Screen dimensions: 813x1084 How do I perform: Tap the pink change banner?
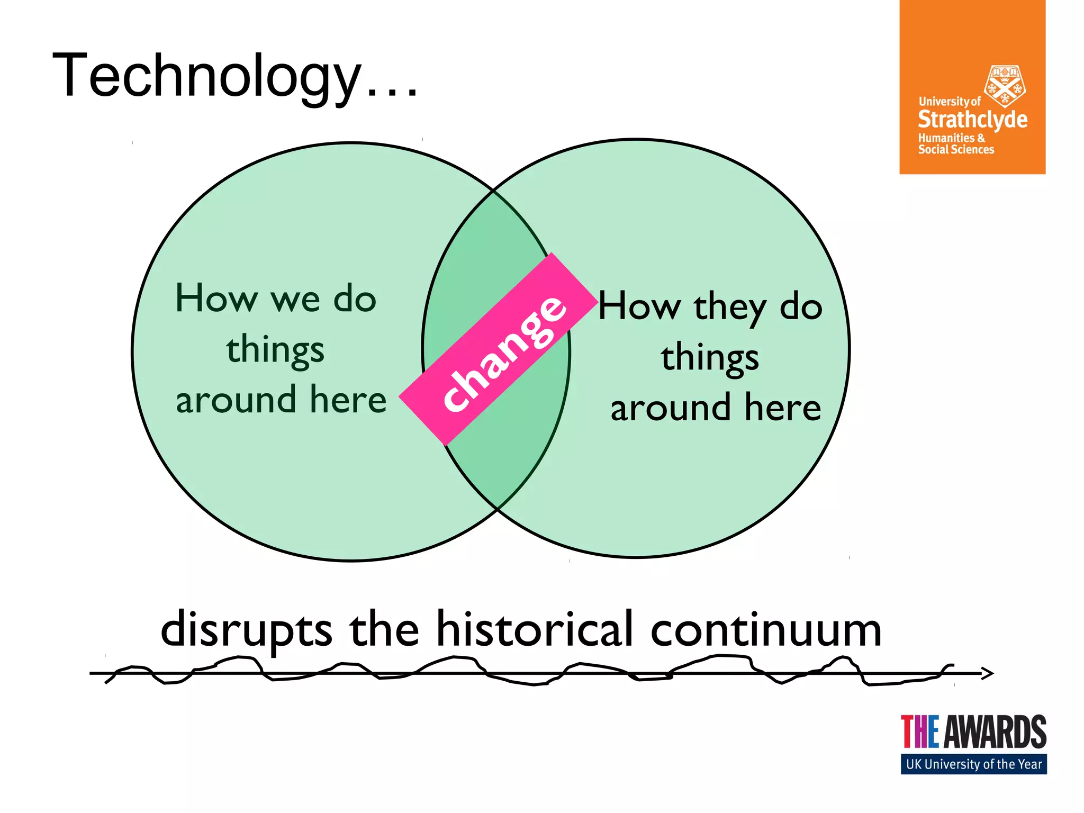pyautogui.click(x=499, y=349)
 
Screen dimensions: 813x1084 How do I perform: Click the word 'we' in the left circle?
pyautogui.click(x=296, y=300)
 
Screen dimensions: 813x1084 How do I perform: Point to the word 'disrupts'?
pyautogui.click(x=246, y=630)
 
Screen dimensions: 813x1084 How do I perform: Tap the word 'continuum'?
pyautogui.click(x=765, y=630)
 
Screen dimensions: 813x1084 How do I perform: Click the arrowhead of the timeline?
pyautogui.click(x=988, y=673)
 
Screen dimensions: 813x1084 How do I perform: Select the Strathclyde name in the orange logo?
pyautogui.click(x=972, y=120)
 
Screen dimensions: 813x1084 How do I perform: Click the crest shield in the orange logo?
pyautogui.click(x=1004, y=85)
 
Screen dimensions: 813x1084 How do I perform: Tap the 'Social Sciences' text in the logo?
pyautogui.click(x=956, y=150)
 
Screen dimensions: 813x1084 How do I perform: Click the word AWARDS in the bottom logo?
pyautogui.click(x=995, y=732)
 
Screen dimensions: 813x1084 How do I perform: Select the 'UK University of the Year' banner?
pyautogui.click(x=973, y=764)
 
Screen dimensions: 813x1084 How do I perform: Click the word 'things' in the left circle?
pyautogui.click(x=275, y=350)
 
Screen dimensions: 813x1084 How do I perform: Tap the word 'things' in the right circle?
pyautogui.click(x=710, y=358)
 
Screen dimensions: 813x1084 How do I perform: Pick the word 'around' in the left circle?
pyautogui.click(x=236, y=400)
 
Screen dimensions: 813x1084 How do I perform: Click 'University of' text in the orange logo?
pyautogui.click(x=950, y=101)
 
